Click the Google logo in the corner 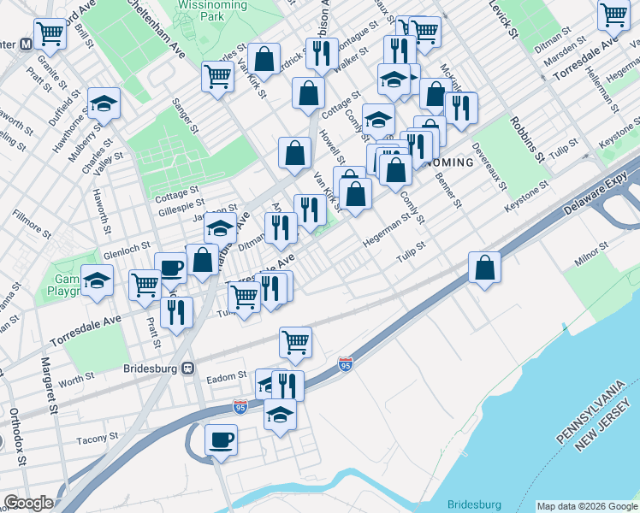(x=28, y=503)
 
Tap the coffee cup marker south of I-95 (x=222, y=439)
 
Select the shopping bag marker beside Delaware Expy (x=485, y=267)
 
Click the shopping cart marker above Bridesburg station (x=295, y=341)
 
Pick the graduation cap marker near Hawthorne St (x=104, y=103)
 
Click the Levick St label (x=503, y=20)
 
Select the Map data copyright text (x=586, y=506)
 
